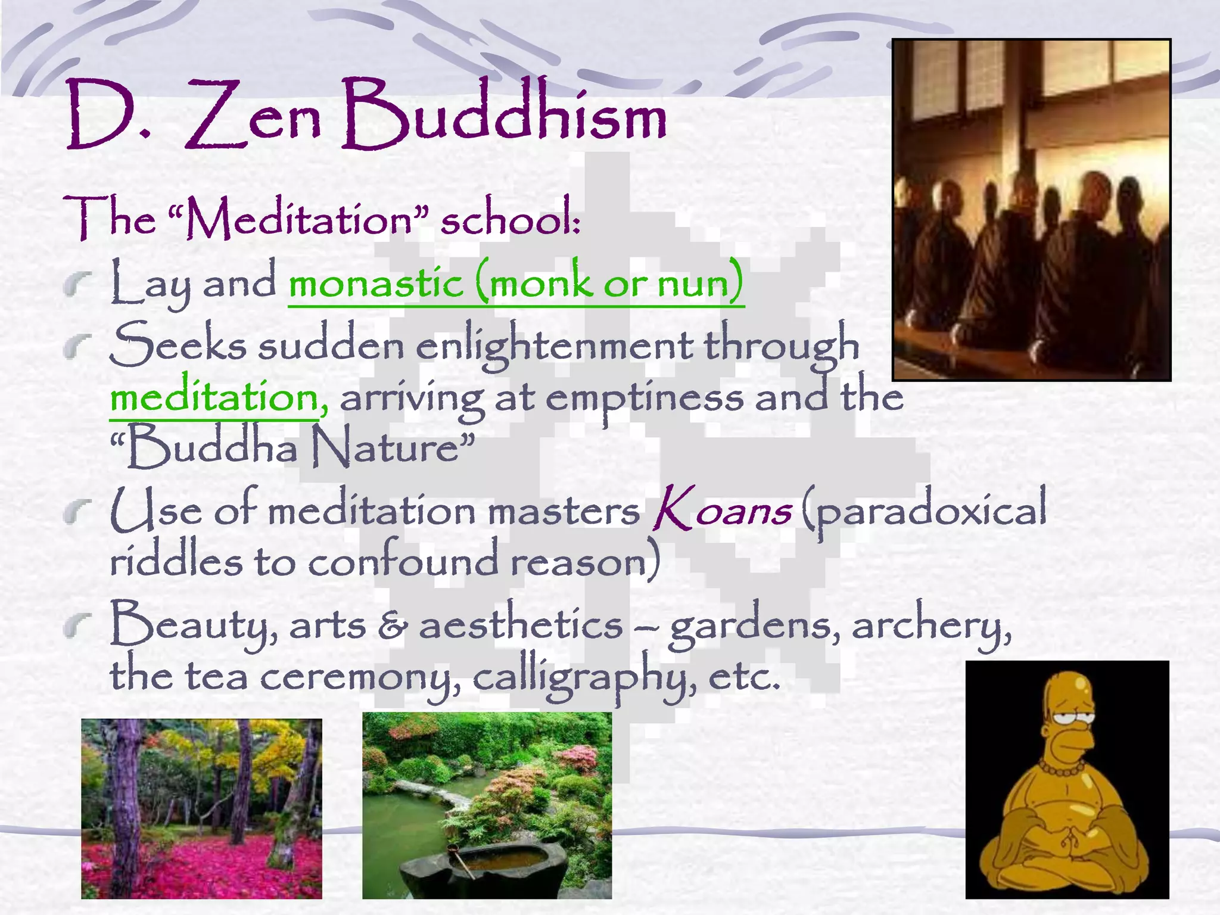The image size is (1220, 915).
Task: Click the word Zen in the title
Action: pyautogui.click(x=253, y=116)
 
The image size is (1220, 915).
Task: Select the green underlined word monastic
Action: pyautogui.click(x=376, y=283)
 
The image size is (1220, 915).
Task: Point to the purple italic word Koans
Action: pyautogui.click(x=722, y=509)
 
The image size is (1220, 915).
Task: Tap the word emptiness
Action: pyautogui.click(x=644, y=399)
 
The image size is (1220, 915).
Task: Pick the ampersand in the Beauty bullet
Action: pyautogui.click(x=393, y=627)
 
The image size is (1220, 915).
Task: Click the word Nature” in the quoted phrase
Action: pyautogui.click(x=394, y=447)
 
